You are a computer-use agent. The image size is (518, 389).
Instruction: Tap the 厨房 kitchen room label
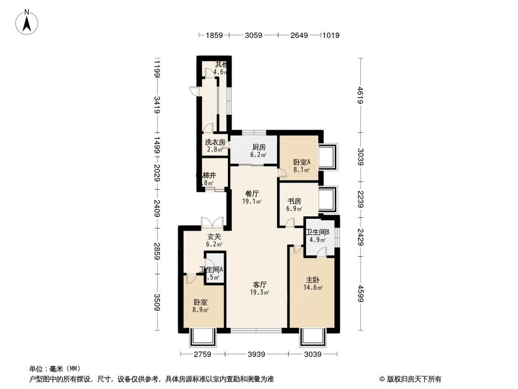[x=258, y=147]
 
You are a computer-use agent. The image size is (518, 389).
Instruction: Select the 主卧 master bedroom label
[x=313, y=280]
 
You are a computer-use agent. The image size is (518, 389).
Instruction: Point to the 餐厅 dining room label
[x=253, y=194]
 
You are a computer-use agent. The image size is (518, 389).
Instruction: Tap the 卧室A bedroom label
[x=301, y=162]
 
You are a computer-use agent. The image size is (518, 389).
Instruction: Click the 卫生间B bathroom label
[x=317, y=232]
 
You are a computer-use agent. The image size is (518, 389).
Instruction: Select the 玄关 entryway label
[x=214, y=237]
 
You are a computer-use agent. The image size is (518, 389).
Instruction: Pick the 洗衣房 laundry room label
[x=214, y=142]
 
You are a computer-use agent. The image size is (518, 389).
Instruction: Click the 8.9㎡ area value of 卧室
[x=201, y=310]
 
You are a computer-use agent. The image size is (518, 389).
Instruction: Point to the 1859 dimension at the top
[x=214, y=35]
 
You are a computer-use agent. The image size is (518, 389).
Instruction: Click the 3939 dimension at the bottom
[x=256, y=355]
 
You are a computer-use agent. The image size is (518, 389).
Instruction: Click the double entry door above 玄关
[x=213, y=223]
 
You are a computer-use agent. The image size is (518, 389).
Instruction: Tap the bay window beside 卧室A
[x=328, y=157]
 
